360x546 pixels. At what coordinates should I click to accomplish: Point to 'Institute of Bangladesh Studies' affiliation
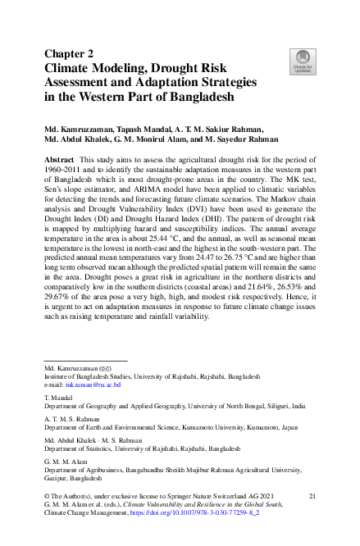click(89, 376)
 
